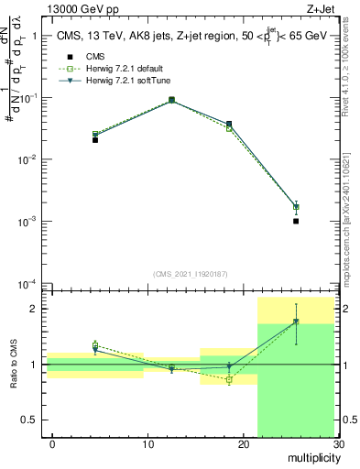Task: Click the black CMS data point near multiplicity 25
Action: click(296, 221)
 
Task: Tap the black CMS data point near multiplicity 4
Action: click(95, 139)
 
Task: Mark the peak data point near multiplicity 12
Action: click(172, 99)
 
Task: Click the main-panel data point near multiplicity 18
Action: click(229, 124)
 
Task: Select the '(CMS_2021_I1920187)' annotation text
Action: click(191, 273)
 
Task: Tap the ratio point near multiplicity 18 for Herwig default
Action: click(229, 379)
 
